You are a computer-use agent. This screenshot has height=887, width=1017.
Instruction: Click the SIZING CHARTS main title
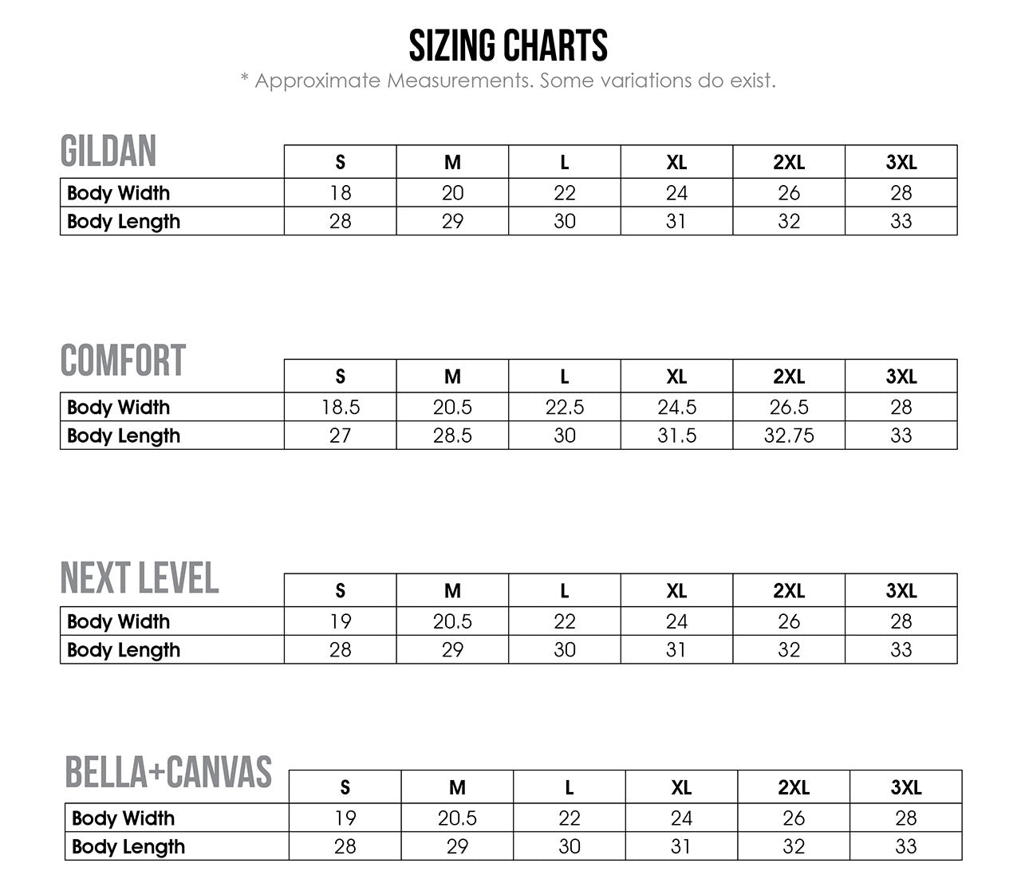coord(508,45)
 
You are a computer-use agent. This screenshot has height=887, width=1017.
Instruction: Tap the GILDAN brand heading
coord(108,152)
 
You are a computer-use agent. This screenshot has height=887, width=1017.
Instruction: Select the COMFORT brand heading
coord(123,361)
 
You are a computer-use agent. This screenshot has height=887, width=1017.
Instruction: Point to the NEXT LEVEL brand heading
coord(140,578)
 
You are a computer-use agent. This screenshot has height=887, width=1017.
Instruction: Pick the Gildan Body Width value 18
coord(341,193)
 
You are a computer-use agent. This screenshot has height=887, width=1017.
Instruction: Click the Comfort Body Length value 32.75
coord(789,436)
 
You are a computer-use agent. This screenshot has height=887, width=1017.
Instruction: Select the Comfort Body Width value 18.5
coord(341,408)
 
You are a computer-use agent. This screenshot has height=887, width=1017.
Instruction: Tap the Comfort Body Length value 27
coord(341,436)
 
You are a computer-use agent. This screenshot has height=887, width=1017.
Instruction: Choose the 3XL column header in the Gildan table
coord(901,163)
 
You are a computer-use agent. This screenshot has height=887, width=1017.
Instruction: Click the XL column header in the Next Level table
coord(676,591)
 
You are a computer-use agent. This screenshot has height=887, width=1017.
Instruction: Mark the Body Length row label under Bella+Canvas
coord(128,846)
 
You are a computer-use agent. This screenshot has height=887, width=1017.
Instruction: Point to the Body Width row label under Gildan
coord(119,193)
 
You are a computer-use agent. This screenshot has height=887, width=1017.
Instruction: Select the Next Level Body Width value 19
coord(341,621)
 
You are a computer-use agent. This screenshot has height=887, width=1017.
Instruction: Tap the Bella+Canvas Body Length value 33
coord(906,846)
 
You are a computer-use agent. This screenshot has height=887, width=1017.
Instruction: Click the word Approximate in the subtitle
coord(319,81)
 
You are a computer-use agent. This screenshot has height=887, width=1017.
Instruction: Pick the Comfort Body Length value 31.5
coord(676,436)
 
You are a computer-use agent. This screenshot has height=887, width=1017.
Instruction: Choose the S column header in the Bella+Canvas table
coord(345,788)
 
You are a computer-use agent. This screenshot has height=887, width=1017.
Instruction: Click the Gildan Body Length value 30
coord(565,222)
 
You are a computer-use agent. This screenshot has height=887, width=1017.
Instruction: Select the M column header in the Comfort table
coord(452,376)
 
